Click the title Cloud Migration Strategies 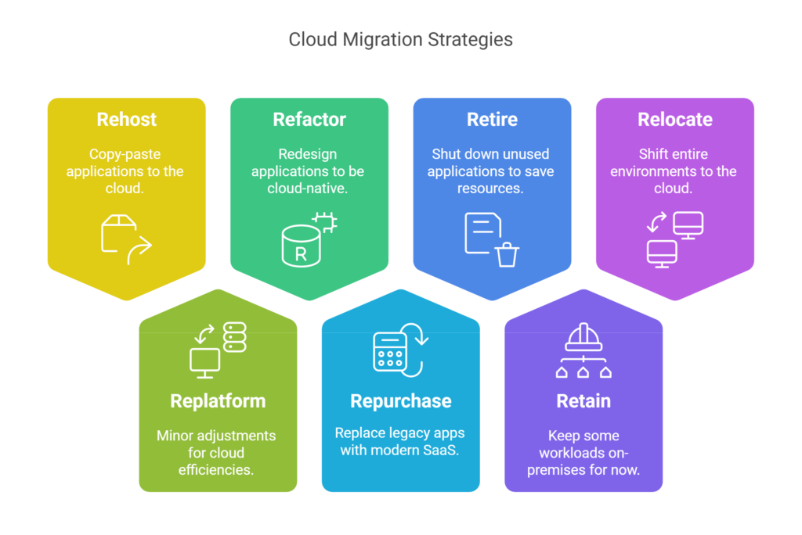400,39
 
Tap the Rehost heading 126,120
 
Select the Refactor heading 309,120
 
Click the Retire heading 492,120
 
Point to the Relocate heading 674,120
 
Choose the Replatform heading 218,401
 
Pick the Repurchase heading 400,401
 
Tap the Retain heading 583,401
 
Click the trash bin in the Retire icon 508,253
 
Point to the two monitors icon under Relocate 674,239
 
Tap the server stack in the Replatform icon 234,337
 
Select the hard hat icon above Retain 583,337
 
